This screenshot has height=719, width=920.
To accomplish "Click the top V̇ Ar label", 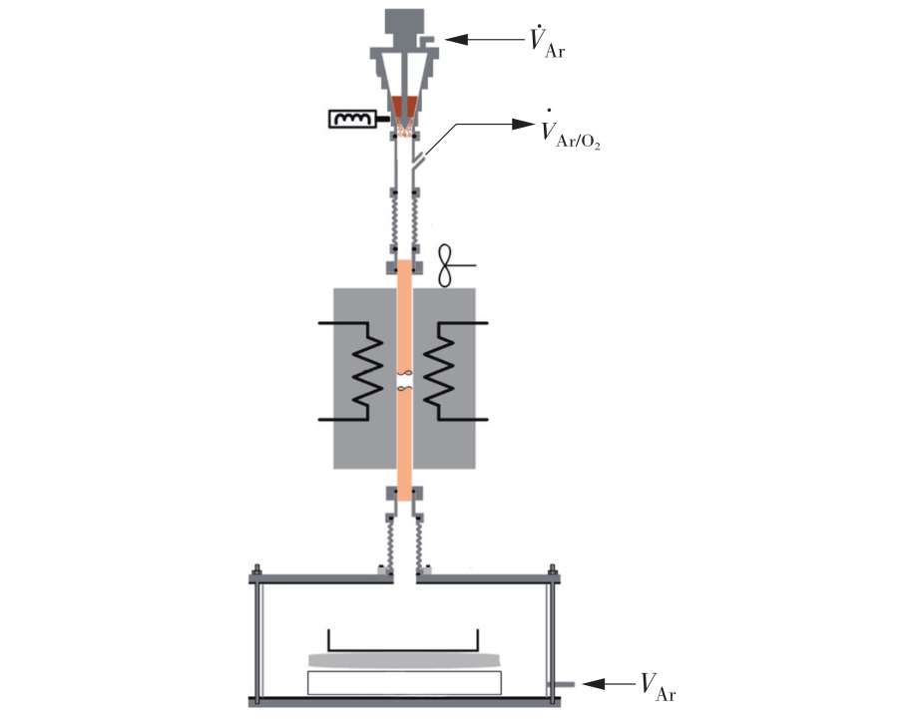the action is (547, 42).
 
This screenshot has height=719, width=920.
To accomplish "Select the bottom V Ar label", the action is (658, 687).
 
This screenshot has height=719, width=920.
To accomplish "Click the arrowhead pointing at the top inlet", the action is (457, 39).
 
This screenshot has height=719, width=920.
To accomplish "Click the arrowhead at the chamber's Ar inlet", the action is (593, 684).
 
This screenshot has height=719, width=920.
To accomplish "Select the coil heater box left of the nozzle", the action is (352, 119).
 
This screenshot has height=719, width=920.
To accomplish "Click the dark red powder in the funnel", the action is (405, 106).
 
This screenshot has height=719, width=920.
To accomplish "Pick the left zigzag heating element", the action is (367, 371).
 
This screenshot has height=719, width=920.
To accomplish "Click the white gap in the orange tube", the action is (405, 381).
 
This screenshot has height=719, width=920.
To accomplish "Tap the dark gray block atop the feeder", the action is (404, 21).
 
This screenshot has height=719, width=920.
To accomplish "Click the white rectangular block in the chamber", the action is (404, 683).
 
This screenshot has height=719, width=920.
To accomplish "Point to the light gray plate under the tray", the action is (404, 661).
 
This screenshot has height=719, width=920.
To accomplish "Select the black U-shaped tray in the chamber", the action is (403, 650).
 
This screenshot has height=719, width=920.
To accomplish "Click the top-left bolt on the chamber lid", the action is (256, 570).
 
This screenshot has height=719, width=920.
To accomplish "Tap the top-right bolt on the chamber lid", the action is (552, 570).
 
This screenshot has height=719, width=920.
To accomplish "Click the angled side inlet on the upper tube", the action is (418, 161).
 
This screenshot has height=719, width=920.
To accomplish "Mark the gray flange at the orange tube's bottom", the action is (405, 494).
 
